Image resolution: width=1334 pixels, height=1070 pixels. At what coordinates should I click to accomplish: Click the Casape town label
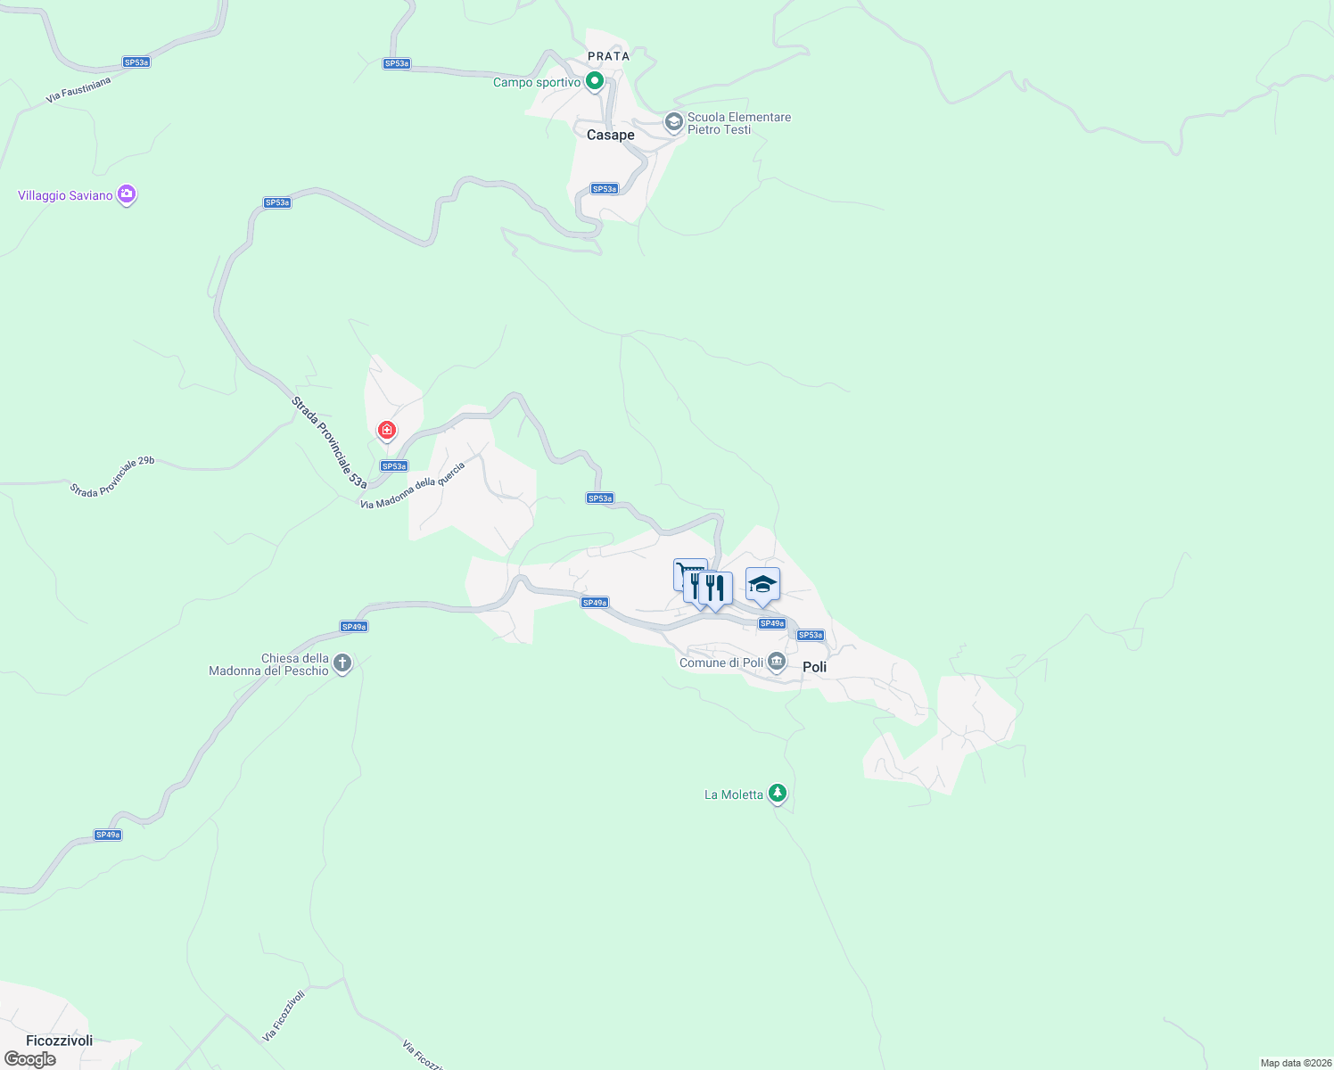pos(611,135)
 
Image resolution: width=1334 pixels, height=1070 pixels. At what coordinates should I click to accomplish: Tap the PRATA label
pos(609,56)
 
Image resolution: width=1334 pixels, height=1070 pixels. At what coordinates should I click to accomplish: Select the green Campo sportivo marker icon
pos(595,82)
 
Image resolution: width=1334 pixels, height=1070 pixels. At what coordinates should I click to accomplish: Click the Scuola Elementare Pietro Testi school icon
pos(674,121)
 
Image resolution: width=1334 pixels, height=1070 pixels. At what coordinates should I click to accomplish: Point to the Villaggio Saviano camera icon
pos(127,194)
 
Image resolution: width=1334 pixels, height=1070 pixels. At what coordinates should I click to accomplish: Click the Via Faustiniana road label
pos(78,90)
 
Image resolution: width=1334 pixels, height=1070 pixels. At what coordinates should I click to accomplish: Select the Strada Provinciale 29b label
pos(112,477)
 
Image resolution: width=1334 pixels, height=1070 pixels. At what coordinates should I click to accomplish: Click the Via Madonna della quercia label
pos(413,487)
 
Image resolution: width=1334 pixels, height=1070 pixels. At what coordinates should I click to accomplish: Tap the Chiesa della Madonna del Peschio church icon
pos(343,663)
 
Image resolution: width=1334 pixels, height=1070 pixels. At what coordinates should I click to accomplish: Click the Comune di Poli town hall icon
pos(777,662)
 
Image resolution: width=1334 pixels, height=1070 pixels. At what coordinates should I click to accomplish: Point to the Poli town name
pos(814,667)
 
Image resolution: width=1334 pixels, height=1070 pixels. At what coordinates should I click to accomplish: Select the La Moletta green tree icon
pos(778,793)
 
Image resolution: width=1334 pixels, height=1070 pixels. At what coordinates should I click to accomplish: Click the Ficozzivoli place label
pos(60,1041)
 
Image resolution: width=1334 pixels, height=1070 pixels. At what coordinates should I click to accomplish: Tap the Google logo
pos(30,1059)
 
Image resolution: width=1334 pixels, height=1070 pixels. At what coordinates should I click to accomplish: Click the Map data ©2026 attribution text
pos(1296,1063)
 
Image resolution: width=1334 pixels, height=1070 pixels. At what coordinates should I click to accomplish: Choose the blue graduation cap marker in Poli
pos(762,585)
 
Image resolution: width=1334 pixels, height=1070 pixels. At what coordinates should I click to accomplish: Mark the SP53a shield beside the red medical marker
pos(394,466)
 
